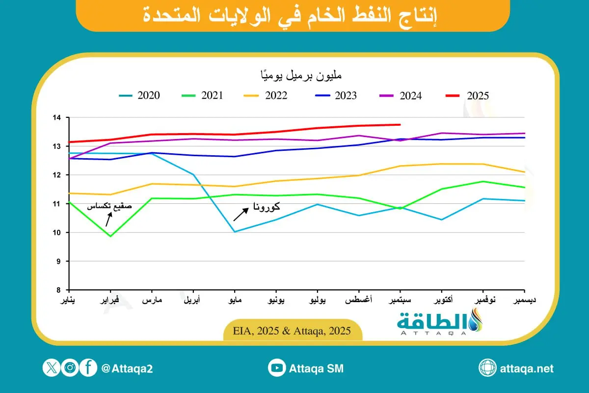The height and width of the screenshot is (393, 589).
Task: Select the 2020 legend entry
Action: point(139,96)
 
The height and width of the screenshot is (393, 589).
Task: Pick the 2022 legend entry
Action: point(268,96)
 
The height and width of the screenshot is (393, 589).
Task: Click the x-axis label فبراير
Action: point(110,300)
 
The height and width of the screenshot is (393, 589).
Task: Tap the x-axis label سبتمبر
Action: point(400,300)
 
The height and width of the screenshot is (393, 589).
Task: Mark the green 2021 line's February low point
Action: point(111,236)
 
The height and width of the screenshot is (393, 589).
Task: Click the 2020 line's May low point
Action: point(235,232)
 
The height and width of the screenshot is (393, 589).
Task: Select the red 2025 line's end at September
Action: point(400,125)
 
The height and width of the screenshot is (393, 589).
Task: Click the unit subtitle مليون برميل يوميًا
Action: point(301,76)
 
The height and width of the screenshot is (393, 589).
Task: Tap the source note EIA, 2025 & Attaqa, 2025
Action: point(294,331)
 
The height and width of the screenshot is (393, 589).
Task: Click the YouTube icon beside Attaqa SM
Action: point(277,368)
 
